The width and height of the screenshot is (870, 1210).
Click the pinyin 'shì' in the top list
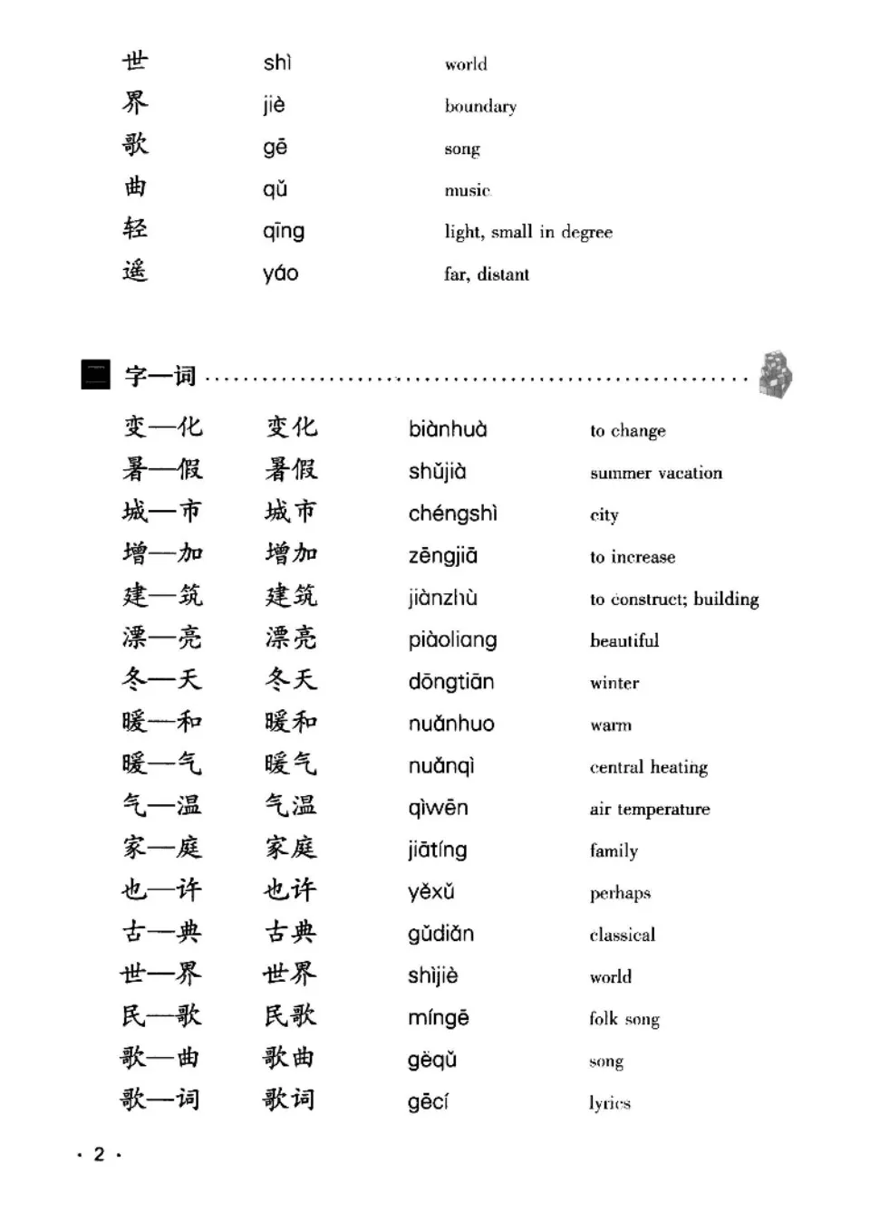pos(277,62)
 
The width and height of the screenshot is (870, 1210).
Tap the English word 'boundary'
pos(480,106)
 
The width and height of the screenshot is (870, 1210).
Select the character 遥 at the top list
pos(135,271)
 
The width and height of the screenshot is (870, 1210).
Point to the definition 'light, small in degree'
pos(527,232)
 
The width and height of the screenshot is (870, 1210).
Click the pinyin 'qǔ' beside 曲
pos(275,189)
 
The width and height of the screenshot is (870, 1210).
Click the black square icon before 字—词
pos(95,375)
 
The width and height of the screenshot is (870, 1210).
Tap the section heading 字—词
pos(160,376)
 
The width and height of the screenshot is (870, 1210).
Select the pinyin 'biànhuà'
pos(447,429)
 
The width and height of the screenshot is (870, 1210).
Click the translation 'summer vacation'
pos(655,473)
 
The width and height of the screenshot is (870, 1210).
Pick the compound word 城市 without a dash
pos(291,512)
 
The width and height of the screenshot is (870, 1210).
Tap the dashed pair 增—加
pos(163,553)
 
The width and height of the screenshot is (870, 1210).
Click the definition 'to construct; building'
pos(673,599)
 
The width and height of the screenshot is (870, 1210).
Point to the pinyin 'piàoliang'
pos(452,640)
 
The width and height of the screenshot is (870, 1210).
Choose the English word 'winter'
pos(614,683)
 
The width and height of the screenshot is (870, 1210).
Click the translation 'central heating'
pos(648,767)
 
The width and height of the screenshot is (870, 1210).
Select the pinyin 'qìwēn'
pos(438,808)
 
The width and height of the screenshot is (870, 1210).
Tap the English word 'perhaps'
pos(620,893)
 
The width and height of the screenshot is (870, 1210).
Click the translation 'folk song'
pos(623,1019)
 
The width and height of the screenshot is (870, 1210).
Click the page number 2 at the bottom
pos(99,1154)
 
